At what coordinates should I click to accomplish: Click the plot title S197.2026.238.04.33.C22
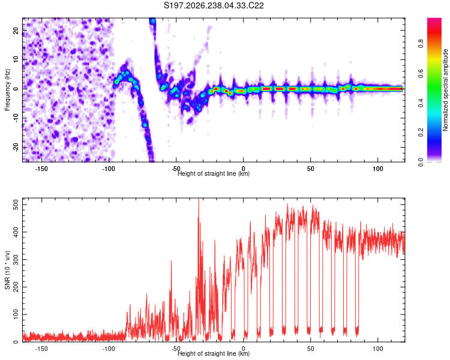(x=214, y=5)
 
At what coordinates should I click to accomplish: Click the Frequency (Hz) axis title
(x=7, y=89)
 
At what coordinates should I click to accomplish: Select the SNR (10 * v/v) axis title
(x=7, y=270)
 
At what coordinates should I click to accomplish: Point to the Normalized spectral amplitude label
(x=445, y=90)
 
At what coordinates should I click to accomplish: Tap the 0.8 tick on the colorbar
(x=421, y=44)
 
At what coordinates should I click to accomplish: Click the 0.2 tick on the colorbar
(x=421, y=133)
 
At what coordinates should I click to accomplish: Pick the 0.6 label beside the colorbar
(x=421, y=73)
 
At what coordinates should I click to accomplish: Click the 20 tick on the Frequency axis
(x=16, y=30)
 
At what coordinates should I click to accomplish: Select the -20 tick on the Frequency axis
(x=16, y=148)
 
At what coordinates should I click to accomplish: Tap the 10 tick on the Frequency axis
(x=16, y=59)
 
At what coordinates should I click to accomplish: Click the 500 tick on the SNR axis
(x=16, y=205)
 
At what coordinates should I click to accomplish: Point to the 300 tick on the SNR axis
(x=16, y=260)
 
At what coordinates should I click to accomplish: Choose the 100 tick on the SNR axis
(x=16, y=314)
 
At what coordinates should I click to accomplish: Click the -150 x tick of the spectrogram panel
(x=41, y=169)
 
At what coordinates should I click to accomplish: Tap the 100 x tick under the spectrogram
(x=378, y=169)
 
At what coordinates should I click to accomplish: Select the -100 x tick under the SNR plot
(x=109, y=349)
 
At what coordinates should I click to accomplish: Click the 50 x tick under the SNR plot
(x=311, y=349)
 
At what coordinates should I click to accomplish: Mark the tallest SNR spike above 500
(x=199, y=199)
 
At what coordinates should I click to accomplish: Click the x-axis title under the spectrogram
(x=214, y=173)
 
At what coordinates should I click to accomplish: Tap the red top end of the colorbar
(x=434, y=19)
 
